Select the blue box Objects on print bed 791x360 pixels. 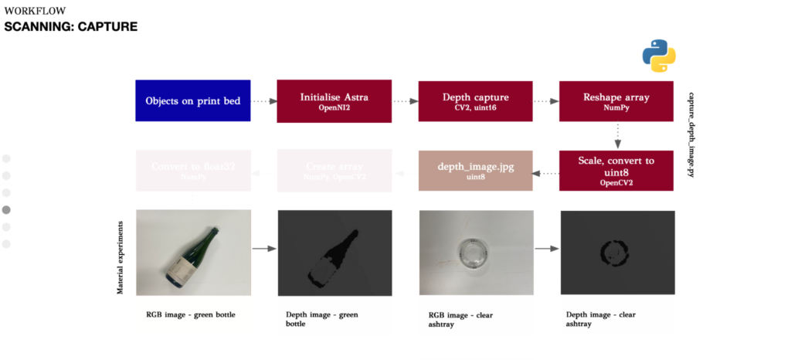[192, 100]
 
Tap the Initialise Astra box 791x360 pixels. [334, 100]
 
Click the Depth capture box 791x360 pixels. [475, 100]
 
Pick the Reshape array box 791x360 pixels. [616, 100]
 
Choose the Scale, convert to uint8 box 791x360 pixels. [616, 171]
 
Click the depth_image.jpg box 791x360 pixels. [475, 171]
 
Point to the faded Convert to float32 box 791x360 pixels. [192, 171]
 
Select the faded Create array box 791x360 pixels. [334, 171]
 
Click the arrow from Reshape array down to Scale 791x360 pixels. [616, 135]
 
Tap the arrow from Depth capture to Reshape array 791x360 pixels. [545, 100]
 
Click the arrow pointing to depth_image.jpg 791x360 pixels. [545, 173]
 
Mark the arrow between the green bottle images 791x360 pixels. [264, 249]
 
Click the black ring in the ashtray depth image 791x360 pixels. [616, 252]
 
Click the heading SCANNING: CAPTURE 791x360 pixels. [71, 27]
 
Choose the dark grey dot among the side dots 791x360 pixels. [7, 209]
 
